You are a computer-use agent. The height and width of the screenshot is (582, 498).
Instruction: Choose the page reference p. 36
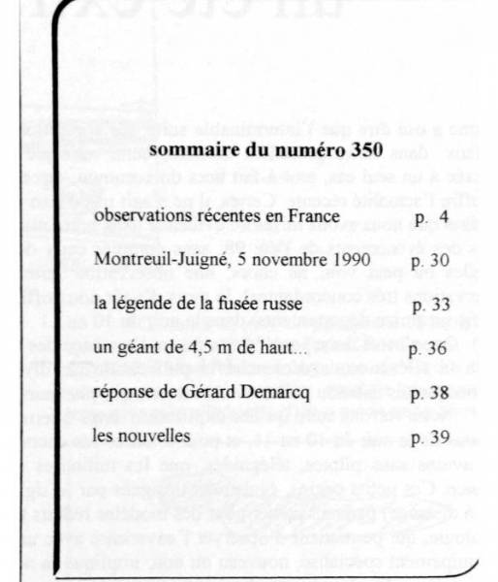[x=428, y=348]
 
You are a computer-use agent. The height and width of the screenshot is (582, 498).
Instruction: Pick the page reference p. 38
[x=428, y=392]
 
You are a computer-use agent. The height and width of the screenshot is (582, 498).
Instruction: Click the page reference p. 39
[x=428, y=436]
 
